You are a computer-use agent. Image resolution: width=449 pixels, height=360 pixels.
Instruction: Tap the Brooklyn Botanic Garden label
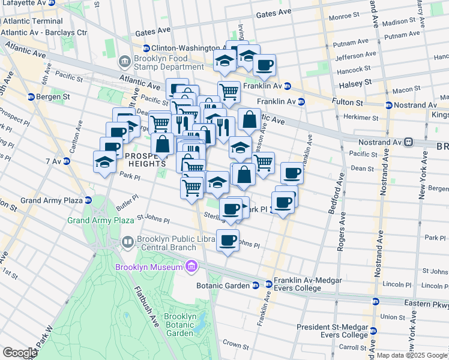180,325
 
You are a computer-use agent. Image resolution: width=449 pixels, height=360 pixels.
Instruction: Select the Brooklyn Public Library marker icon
127,242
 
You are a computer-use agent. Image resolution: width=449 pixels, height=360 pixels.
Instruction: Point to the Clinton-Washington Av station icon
146,48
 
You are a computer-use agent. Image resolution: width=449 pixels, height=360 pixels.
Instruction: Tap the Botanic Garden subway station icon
256,285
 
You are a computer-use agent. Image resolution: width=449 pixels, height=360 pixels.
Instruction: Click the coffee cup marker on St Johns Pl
228,241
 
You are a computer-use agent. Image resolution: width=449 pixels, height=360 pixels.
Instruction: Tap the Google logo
19,353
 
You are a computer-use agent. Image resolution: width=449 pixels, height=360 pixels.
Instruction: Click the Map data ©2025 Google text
411,355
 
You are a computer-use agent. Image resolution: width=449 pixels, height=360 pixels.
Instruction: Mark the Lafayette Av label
23,3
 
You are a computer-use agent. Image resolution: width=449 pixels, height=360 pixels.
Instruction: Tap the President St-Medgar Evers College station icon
373,331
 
